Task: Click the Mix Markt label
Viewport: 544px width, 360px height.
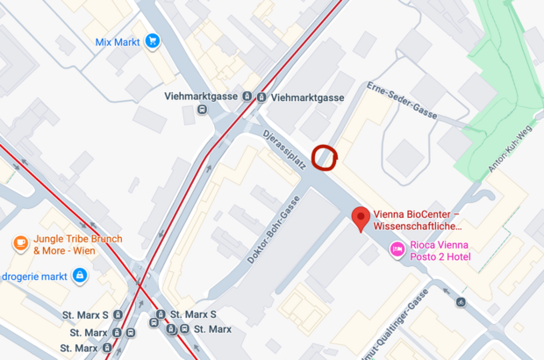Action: click(x=118, y=41)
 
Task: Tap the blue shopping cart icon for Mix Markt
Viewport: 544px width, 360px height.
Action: click(x=153, y=40)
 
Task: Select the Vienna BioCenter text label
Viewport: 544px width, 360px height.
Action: click(x=418, y=220)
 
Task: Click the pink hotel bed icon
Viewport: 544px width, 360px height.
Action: click(x=397, y=250)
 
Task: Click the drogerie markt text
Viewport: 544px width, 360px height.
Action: click(x=34, y=277)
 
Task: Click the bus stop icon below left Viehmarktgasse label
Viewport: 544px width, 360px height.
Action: click(x=203, y=110)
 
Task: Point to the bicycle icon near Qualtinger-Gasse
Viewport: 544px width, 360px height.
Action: click(x=461, y=302)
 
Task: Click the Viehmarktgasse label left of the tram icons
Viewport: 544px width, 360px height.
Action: click(x=201, y=96)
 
